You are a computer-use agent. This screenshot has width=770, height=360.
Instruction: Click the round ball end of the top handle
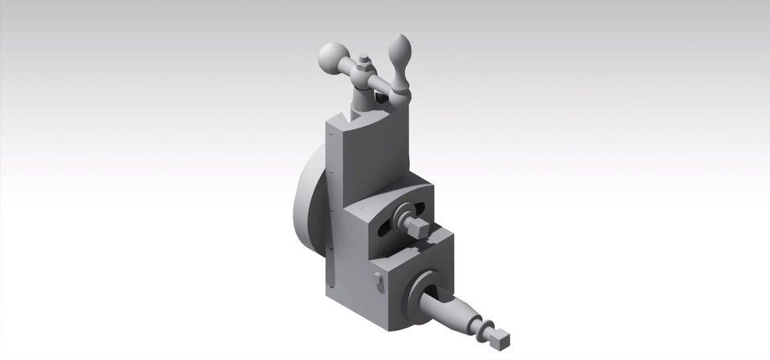coord(330,56)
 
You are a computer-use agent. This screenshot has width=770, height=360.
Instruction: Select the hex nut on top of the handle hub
coord(364,62)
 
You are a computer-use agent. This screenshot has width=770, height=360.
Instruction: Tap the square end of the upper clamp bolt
coord(416,230)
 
